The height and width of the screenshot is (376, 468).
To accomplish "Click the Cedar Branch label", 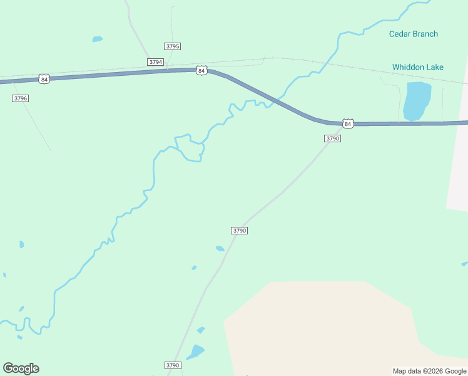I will click(x=413, y=34).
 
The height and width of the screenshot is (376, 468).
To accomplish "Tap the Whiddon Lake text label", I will click(x=417, y=67).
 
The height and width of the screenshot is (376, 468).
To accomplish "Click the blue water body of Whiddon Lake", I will click(x=417, y=100).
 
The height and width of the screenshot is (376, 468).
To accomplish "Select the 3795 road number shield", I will click(x=173, y=46).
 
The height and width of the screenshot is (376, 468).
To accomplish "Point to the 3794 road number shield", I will click(x=156, y=62).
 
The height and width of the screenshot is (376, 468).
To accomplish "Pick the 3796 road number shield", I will click(x=21, y=98).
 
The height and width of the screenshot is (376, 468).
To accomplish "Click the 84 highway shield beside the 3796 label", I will click(x=43, y=79).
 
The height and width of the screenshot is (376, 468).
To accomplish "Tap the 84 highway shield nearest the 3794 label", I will click(x=201, y=71).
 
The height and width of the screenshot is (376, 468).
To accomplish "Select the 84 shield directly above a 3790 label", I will click(x=348, y=123).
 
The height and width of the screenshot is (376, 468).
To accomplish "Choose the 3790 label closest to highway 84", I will click(x=332, y=138).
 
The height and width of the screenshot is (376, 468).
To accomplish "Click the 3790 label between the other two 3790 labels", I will click(x=240, y=231).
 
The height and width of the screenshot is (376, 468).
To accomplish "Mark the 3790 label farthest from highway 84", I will click(x=173, y=365).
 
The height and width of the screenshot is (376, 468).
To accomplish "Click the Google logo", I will click(x=21, y=368).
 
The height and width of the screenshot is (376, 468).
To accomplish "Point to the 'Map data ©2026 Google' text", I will click(x=430, y=371).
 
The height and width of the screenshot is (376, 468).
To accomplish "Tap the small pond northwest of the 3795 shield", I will click(x=97, y=39).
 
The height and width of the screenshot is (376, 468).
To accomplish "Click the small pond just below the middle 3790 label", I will click(x=220, y=249).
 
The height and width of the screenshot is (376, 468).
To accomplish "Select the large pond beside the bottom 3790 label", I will click(x=196, y=352).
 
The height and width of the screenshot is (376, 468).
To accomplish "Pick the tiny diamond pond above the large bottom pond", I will click(x=201, y=330).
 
